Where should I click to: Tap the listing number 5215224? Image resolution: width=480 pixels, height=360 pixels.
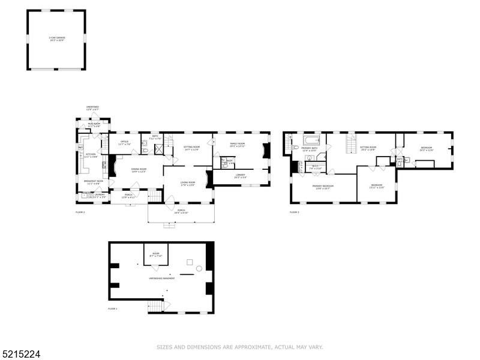pyautogui.click(x=20, y=355)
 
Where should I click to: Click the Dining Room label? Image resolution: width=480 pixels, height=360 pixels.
pyautogui.click(x=139, y=170)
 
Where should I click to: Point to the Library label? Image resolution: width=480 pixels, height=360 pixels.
pyautogui.click(x=240, y=176)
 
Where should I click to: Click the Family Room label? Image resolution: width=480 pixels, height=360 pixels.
pyautogui.click(x=238, y=145)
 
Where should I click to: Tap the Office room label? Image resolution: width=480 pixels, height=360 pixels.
pyautogui.click(x=125, y=143)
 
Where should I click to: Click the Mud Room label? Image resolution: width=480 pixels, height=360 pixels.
pyautogui.click(x=94, y=125)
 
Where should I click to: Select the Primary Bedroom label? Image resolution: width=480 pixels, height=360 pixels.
pyautogui.click(x=323, y=187)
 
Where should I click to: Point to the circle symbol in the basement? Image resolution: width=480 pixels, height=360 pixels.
pyautogui.click(x=199, y=268)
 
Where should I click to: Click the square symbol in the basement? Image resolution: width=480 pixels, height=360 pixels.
pyautogui.click(x=190, y=262)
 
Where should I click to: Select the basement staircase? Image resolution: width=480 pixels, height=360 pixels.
pyautogui.click(x=155, y=307)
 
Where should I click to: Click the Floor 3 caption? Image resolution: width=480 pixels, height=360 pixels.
pyautogui.click(x=294, y=212)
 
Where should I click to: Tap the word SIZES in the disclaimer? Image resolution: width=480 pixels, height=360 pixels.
pyautogui.click(x=164, y=347)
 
